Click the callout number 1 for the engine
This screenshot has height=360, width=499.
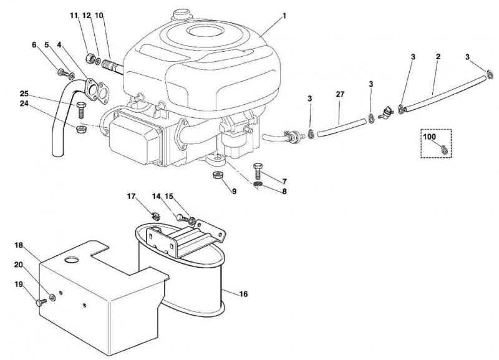click(x=284, y=16)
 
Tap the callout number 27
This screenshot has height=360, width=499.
click(x=340, y=94)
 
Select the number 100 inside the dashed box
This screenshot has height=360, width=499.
click(x=430, y=137)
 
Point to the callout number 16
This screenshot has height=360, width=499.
click(x=243, y=294)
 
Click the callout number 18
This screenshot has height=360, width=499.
click(x=19, y=245)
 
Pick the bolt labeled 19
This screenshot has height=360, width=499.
click(x=40, y=302)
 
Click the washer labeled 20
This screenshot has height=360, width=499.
click(x=52, y=297)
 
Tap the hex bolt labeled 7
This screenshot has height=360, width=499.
click(x=258, y=171)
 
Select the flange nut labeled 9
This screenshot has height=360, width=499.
click(x=217, y=175)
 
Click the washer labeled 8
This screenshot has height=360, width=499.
click(x=258, y=184)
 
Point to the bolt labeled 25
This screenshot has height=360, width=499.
click(x=80, y=109)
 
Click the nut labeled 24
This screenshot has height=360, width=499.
click(x=81, y=129)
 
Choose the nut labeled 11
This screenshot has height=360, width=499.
click(x=90, y=59)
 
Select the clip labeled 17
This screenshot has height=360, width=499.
click(x=155, y=216)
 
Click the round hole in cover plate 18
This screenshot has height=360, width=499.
click(x=71, y=260)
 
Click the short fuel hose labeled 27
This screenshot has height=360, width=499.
click(x=341, y=128)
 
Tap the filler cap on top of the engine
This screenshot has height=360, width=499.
click(x=181, y=15)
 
